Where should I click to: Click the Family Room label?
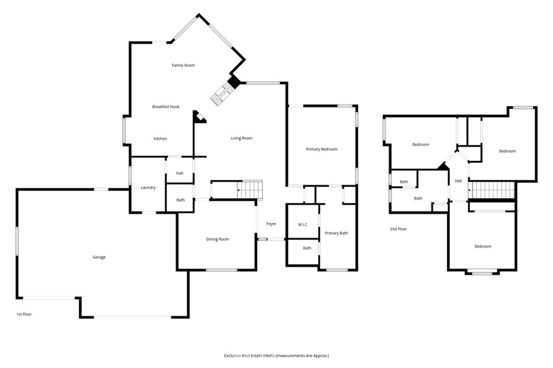pyautogui.click(x=183, y=65)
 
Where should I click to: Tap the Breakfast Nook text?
pyautogui.click(x=166, y=106)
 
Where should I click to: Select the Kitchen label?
pyautogui.click(x=160, y=139)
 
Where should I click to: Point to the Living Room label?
pyautogui.click(x=241, y=138)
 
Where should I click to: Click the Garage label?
pyautogui.click(x=99, y=257)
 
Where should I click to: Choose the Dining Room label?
pyautogui.click(x=218, y=240)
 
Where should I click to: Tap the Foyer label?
pyautogui.click(x=271, y=224)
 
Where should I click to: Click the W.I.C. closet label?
pyautogui.click(x=303, y=224)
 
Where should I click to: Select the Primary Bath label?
pyautogui.click(x=336, y=233)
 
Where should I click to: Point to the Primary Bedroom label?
pyautogui.click(x=322, y=149)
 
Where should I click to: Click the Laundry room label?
pyautogui.click(x=148, y=188)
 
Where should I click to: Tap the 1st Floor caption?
pyautogui.click(x=24, y=314)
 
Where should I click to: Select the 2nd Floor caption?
pyautogui.click(x=398, y=229)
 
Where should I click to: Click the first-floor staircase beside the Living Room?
pyautogui.click(x=250, y=190)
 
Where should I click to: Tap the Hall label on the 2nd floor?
pyautogui.click(x=458, y=181)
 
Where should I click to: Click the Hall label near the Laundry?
pyautogui.click(x=179, y=173)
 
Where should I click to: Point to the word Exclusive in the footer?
pyautogui.click(x=232, y=356)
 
